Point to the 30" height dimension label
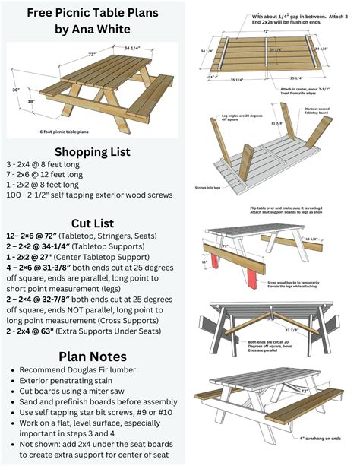click(x=16, y=89)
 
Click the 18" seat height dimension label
click(x=31, y=100)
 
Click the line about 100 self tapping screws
click(x=87, y=195)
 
